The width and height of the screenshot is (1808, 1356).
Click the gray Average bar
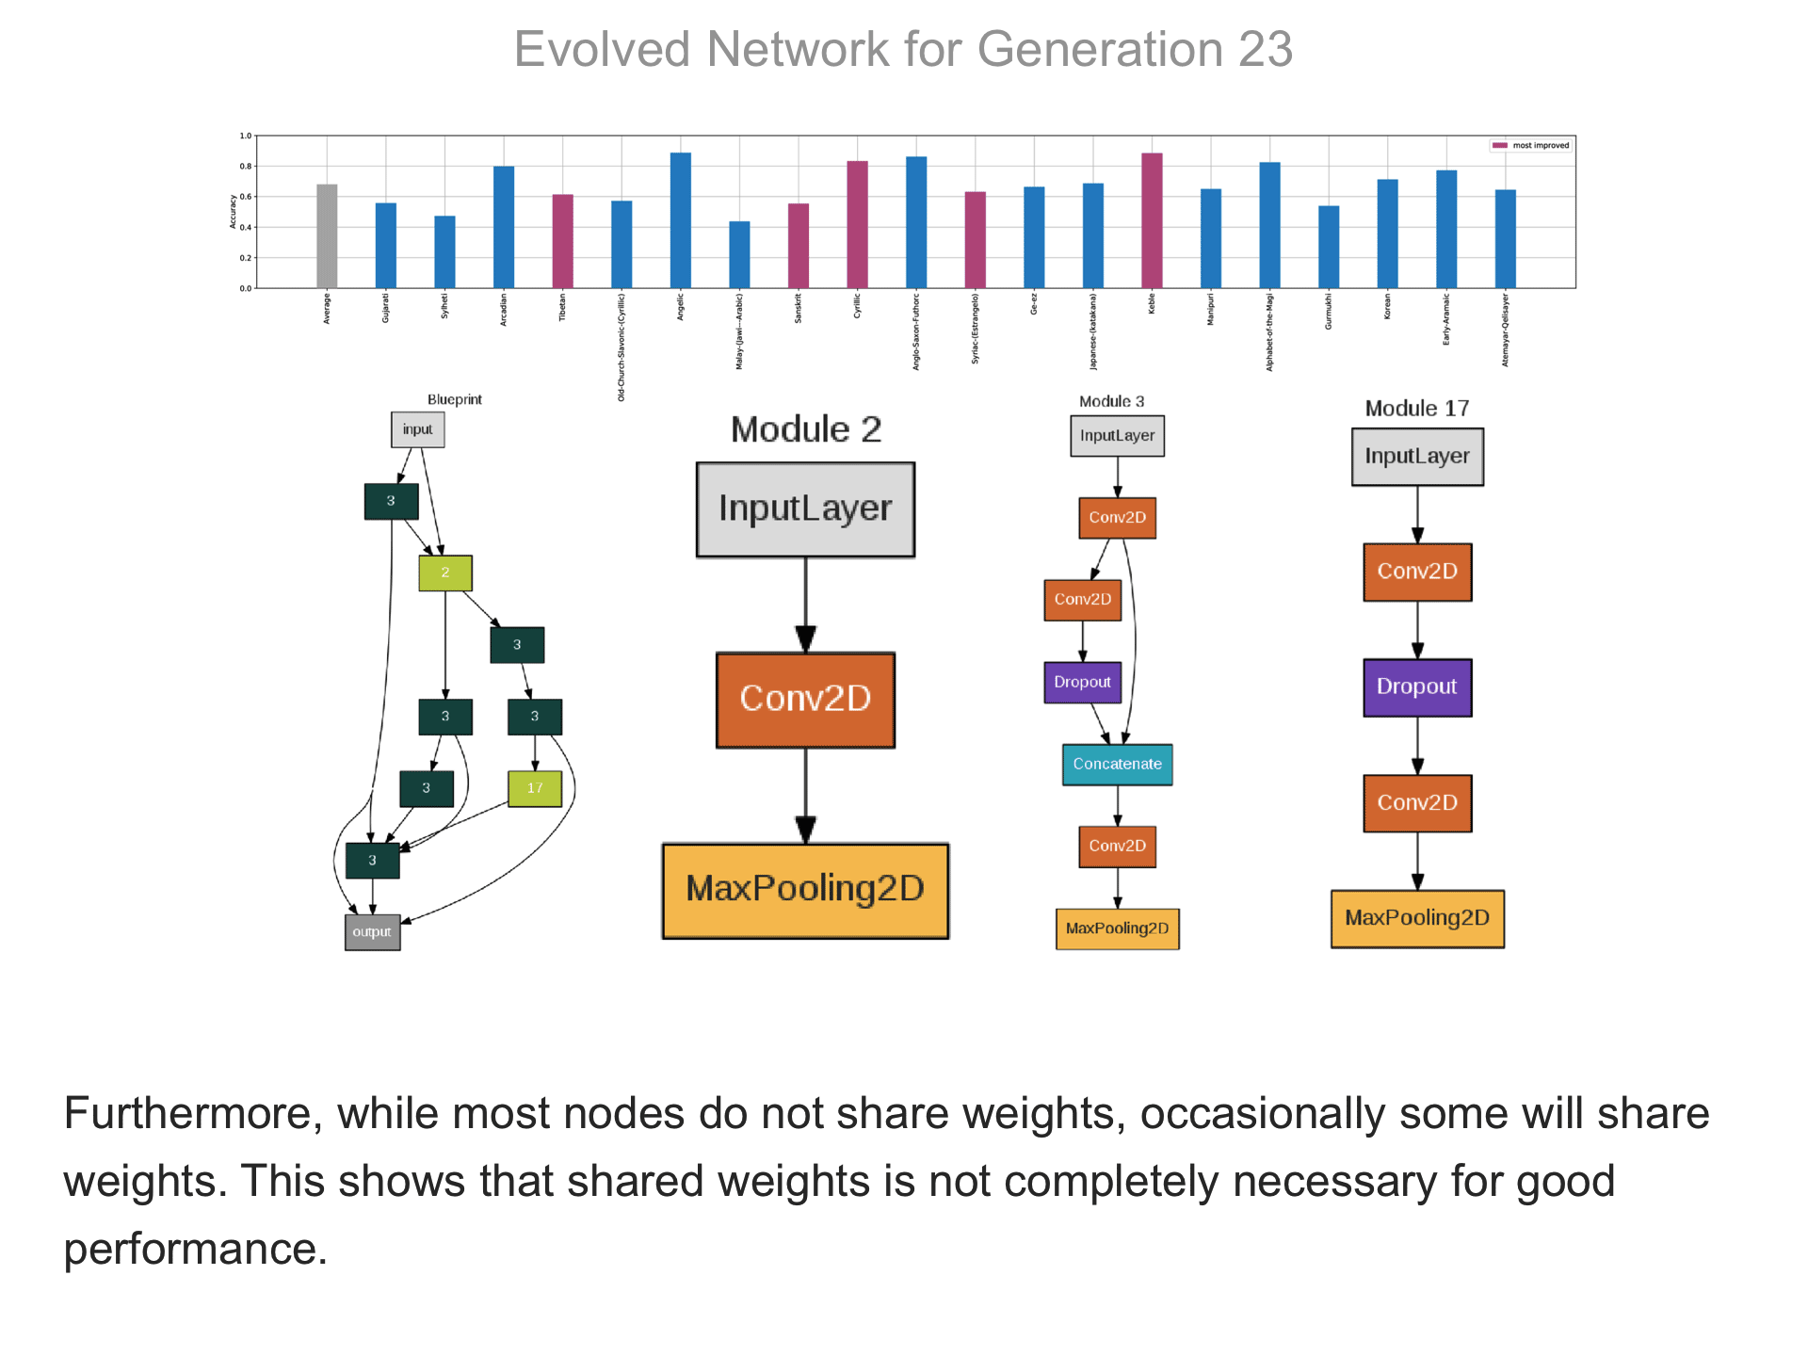(x=327, y=236)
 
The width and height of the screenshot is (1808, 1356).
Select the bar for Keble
(x=1152, y=220)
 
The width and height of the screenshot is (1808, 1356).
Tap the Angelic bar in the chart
(x=680, y=220)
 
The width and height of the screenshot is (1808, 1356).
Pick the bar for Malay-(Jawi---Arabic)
(x=739, y=254)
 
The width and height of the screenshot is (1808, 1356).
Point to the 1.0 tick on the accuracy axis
(x=245, y=137)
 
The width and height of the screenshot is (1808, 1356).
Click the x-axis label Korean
(x=1387, y=307)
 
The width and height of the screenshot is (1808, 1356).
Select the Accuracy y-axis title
(x=233, y=212)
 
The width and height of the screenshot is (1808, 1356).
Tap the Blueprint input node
(x=417, y=429)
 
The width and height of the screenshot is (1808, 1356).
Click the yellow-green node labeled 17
(x=535, y=788)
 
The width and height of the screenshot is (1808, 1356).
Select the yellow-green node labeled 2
(x=445, y=573)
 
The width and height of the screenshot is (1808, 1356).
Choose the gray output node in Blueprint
(x=372, y=932)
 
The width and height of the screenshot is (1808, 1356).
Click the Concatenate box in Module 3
(x=1117, y=764)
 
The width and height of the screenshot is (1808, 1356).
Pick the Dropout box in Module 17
(x=1416, y=686)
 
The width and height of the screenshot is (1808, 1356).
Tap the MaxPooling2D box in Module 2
(x=805, y=890)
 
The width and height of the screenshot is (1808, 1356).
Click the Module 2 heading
(x=806, y=429)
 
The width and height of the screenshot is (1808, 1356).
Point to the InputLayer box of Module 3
(x=1117, y=436)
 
